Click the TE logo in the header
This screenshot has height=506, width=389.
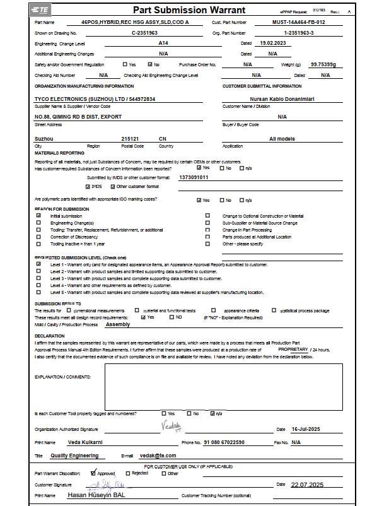[x=42, y=11]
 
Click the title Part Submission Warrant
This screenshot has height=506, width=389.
[x=179, y=10]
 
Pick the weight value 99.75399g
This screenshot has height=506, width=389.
[x=323, y=64]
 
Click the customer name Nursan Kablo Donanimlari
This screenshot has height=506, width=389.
[x=278, y=98]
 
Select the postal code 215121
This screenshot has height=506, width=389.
[x=130, y=138]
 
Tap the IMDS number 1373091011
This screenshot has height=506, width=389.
[x=194, y=177]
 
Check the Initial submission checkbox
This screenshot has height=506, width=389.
[x=39, y=216]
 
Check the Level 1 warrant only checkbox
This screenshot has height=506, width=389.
[x=39, y=264]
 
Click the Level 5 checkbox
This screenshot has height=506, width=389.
[x=39, y=293]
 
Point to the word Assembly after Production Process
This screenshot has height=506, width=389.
[x=118, y=324]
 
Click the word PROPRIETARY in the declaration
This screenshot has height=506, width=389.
[x=293, y=349]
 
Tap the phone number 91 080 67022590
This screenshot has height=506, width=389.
[x=224, y=442]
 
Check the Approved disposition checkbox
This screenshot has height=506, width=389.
[x=93, y=473]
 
